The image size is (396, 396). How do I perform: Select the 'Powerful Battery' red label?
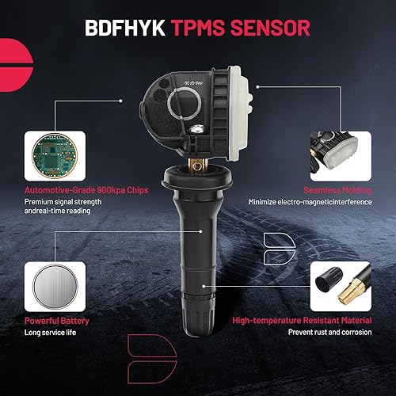tap(58, 322)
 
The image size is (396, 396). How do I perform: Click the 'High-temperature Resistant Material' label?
tap(301, 322)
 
